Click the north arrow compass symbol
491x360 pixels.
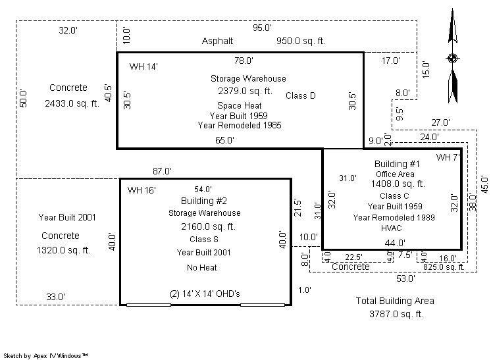tap(452, 58)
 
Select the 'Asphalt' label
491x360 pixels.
tap(217, 41)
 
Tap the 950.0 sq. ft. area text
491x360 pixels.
tap(301, 41)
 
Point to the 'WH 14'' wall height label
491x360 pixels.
tap(143, 66)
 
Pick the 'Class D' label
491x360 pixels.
tap(301, 96)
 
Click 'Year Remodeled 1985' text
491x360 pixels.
tap(240, 125)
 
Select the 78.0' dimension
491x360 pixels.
tap(244, 61)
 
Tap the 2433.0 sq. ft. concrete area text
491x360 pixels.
tap(72, 103)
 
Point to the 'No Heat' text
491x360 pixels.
tap(201, 268)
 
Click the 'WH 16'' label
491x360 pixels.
tap(142, 190)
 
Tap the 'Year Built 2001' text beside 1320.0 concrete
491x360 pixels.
tap(66, 217)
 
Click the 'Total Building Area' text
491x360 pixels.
tap(395, 301)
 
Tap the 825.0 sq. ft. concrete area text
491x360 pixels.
tap(444, 267)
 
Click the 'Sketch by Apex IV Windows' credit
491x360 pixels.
tap(46, 355)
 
